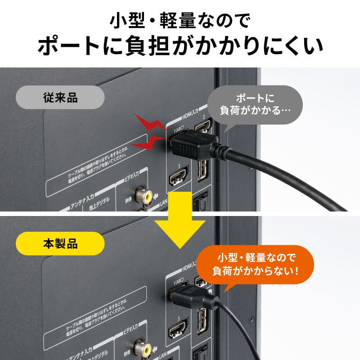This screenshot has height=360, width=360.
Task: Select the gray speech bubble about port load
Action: click(254, 104)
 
